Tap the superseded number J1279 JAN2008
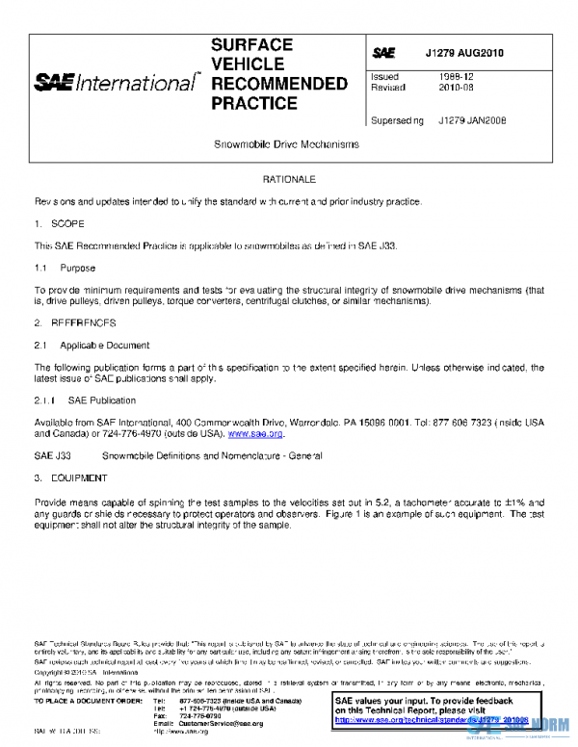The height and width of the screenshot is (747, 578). [x=471, y=120]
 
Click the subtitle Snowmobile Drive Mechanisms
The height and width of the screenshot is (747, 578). [x=286, y=144]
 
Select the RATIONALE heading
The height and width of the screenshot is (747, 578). [x=288, y=180]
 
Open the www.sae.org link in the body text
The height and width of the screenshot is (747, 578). [x=262, y=434]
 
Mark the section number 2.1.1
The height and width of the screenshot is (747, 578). [x=46, y=399]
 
